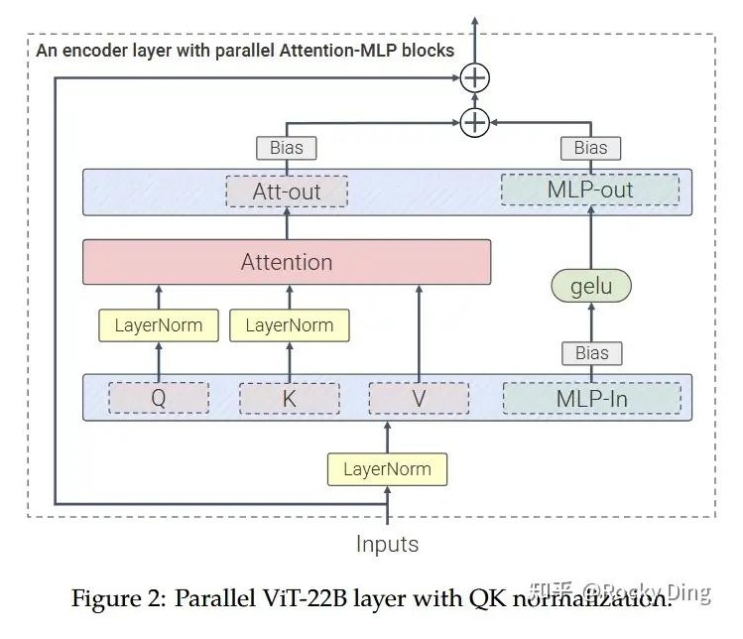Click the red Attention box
[x=287, y=262]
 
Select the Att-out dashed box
[x=287, y=192]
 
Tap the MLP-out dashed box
[x=590, y=190]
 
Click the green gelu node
[x=591, y=286]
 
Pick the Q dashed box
[x=159, y=398]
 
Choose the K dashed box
[x=290, y=398]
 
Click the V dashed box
[x=419, y=398]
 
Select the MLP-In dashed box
[x=592, y=398]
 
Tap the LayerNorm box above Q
[x=159, y=325]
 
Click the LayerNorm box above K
[x=290, y=325]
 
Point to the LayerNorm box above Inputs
[x=387, y=469]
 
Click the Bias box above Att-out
[x=287, y=148]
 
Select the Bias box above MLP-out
[x=590, y=148]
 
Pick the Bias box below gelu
[x=592, y=353]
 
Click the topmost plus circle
[x=475, y=78]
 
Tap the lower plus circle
[x=475, y=123]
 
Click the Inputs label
[x=387, y=544]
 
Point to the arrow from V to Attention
[x=419, y=333]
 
